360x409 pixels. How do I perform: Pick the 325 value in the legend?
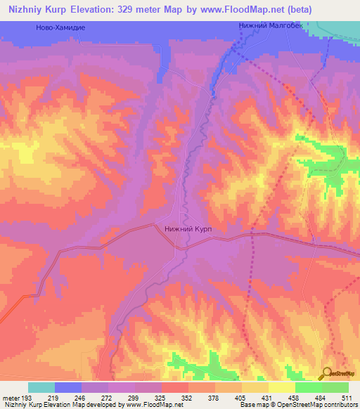pos(162,397)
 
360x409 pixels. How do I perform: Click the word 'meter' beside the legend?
pos(12,397)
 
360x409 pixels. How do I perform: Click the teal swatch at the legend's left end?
pos(41,387)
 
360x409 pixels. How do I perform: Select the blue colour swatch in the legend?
pos(67,387)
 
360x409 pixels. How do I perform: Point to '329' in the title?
pos(140,10)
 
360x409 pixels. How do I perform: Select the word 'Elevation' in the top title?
pos(100,10)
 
